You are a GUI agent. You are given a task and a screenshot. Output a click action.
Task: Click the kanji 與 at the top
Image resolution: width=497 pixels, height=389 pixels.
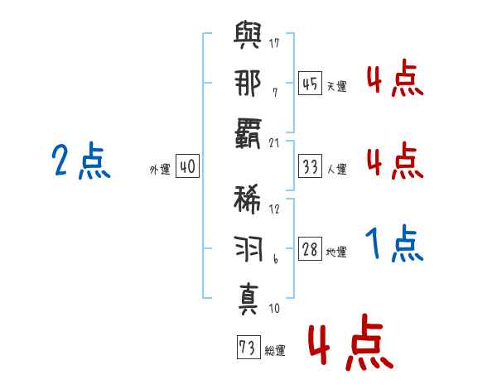point(248,35)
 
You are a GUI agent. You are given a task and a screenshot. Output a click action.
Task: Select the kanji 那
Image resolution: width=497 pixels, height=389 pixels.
point(248,83)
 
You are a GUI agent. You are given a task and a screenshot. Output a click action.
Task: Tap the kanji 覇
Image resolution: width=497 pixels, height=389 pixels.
point(248,133)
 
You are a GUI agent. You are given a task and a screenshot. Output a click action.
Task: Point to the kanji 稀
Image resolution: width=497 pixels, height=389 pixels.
point(247,200)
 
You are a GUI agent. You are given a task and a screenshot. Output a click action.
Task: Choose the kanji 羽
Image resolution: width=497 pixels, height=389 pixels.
point(248,248)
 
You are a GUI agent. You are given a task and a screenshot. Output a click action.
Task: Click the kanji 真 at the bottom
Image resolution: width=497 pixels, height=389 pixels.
point(248,300)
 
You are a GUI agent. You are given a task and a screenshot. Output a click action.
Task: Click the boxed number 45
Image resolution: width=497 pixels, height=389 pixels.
point(310,84)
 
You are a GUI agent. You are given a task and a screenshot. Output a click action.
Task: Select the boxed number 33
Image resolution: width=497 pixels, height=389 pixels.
point(310,166)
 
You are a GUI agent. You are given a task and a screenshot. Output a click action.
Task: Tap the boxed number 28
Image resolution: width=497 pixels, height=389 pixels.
point(310,249)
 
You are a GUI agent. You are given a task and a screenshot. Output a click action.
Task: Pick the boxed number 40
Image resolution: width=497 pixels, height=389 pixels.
point(188,166)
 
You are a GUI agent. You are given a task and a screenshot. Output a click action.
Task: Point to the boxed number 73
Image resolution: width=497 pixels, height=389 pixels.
point(248,347)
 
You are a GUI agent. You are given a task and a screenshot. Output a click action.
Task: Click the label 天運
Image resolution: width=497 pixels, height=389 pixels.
point(337,86)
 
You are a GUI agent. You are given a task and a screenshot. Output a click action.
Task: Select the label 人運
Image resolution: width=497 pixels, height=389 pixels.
point(337,169)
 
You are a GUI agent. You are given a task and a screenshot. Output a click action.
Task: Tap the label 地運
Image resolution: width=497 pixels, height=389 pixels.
point(336,252)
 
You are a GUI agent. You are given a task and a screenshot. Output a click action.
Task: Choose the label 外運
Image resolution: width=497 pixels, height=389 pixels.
point(160,170)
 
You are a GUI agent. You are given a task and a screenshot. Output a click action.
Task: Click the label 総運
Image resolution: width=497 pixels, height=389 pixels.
point(275,351)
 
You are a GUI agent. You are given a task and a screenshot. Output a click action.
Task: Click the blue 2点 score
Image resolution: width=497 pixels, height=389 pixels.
point(81,160)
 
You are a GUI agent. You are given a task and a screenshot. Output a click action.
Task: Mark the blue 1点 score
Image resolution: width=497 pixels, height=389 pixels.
point(394,243)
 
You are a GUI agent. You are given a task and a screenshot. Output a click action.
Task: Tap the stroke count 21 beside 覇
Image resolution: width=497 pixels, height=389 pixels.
point(274,143)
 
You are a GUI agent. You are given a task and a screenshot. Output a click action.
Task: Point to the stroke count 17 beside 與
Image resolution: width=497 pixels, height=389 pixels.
point(274,43)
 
